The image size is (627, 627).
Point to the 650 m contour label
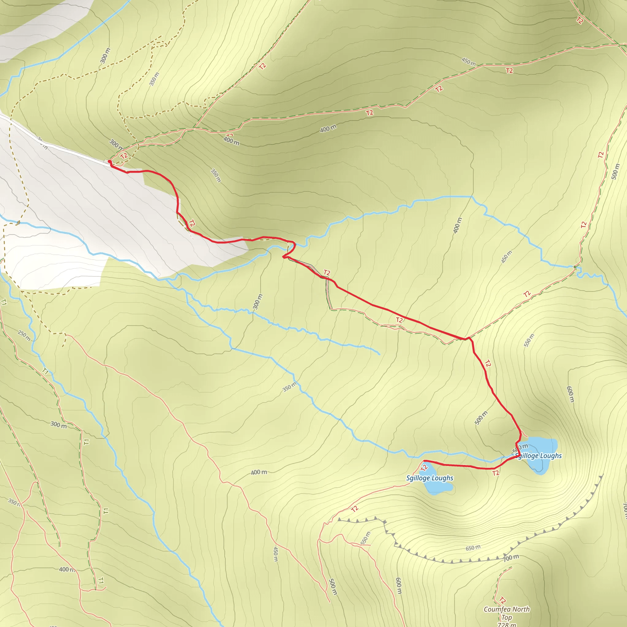[x=473, y=548]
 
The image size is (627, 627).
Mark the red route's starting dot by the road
[x=110, y=162]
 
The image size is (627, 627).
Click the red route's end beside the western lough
[x=424, y=461]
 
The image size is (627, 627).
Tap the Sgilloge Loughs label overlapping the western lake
[x=430, y=478]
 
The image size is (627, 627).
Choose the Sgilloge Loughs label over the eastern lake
[x=539, y=456]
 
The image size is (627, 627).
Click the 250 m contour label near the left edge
[x=24, y=336]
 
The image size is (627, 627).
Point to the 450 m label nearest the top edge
[x=469, y=61]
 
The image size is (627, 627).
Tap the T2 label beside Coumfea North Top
[x=502, y=600]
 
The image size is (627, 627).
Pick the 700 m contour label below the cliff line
[x=511, y=558]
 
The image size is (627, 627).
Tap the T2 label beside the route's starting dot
[x=124, y=156]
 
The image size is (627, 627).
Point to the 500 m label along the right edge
[x=615, y=171]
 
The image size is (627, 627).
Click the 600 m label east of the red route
[x=570, y=394]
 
